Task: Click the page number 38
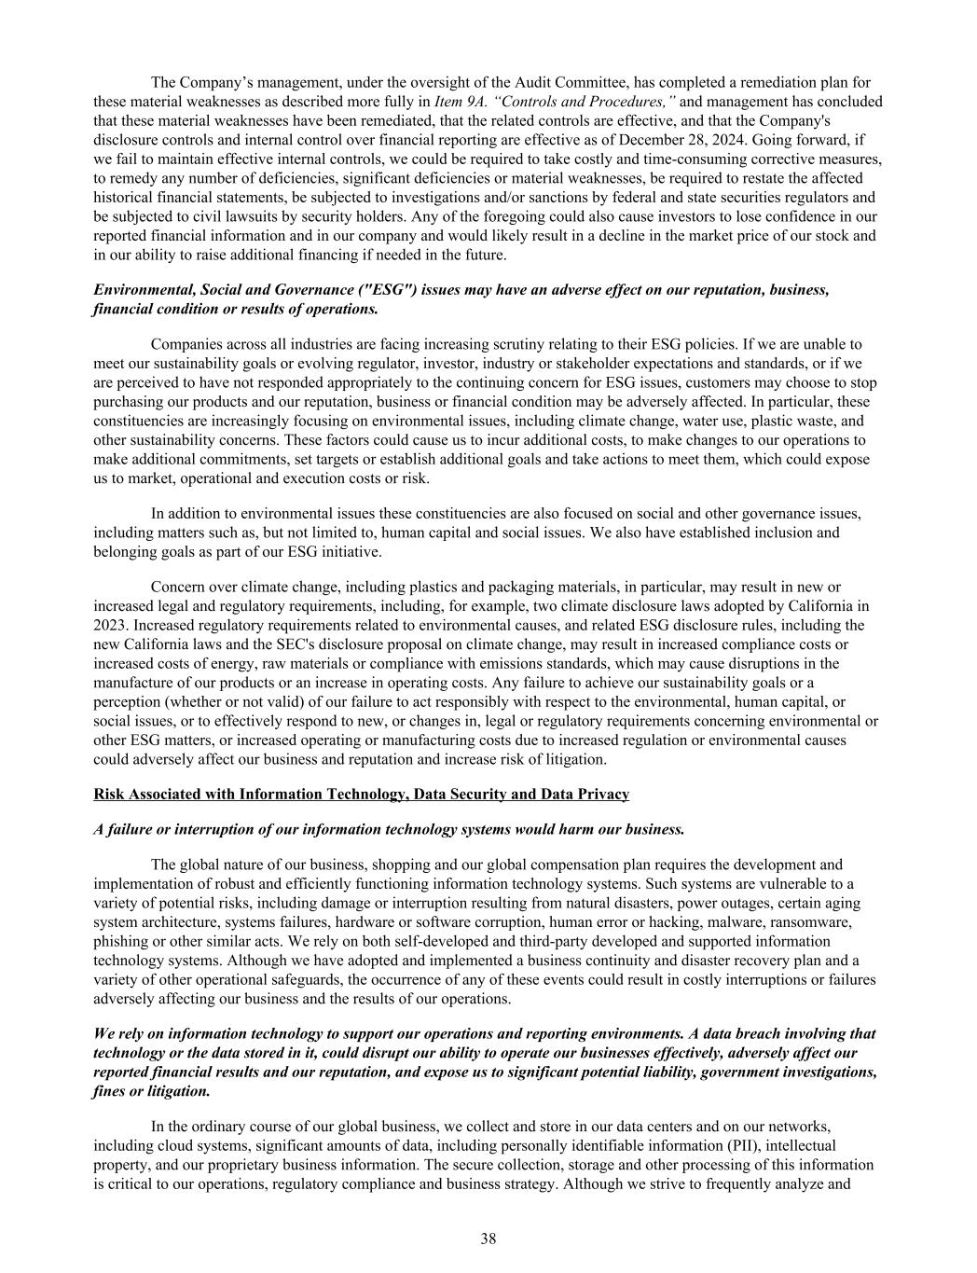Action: click(x=488, y=1238)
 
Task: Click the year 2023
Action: click(x=110, y=625)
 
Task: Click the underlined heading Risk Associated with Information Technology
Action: click(x=249, y=795)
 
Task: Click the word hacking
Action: click(x=682, y=921)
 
